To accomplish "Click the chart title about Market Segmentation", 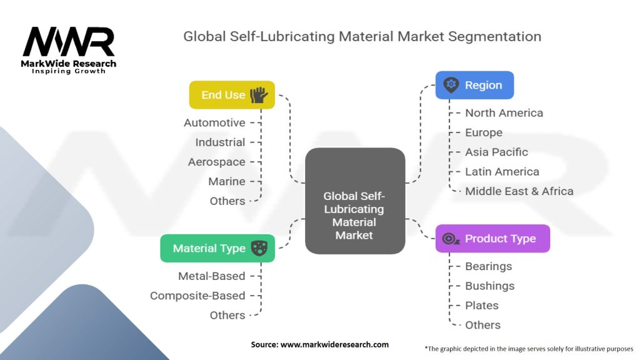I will [362, 36].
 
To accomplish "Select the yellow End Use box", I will [232, 95].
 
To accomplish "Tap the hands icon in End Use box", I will [259, 95].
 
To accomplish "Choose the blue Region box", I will [474, 85].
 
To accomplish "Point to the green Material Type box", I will [217, 248].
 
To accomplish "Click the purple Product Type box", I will [492, 238].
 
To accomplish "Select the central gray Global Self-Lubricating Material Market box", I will [354, 200].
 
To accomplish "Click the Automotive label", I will [214, 123].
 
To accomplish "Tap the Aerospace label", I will [216, 162].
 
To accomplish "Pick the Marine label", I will [226, 181].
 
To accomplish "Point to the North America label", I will [504, 113].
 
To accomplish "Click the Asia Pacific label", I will [496, 152].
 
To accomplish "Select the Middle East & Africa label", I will [519, 191].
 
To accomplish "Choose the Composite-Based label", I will [197, 296].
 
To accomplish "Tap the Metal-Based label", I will [211, 276].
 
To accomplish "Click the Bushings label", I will [489, 286].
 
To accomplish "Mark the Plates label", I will [481, 306].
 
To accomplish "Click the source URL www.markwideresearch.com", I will [319, 344].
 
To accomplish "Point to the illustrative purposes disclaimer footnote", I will [529, 349].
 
